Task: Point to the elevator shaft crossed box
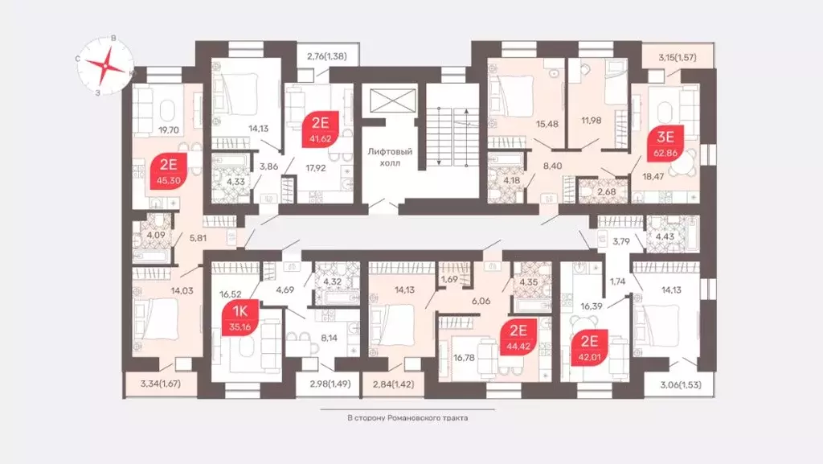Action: tap(388, 104)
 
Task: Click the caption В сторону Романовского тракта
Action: tap(407, 418)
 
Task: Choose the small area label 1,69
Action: tap(450, 279)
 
